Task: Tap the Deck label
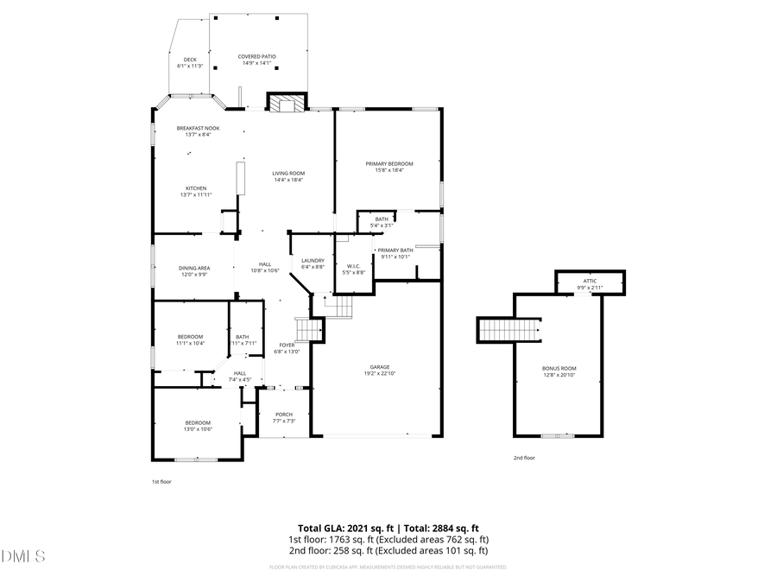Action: pyautogui.click(x=189, y=60)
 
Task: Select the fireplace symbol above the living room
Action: pyautogui.click(x=286, y=104)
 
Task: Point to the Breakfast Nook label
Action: pyautogui.click(x=198, y=128)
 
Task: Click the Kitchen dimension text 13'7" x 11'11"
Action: pyautogui.click(x=196, y=195)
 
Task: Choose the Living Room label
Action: pyautogui.click(x=288, y=173)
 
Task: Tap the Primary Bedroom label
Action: pyautogui.click(x=388, y=164)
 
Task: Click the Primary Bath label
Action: pyautogui.click(x=395, y=250)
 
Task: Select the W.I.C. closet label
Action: pyautogui.click(x=354, y=266)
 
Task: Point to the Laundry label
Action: pyautogui.click(x=313, y=260)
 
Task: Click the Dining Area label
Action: pyautogui.click(x=194, y=268)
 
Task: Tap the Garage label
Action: pyautogui.click(x=380, y=367)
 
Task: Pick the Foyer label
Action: pyautogui.click(x=287, y=345)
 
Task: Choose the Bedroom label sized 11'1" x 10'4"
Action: pyautogui.click(x=190, y=336)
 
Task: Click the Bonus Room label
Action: pyautogui.click(x=559, y=369)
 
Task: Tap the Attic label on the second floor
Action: pyautogui.click(x=590, y=281)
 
